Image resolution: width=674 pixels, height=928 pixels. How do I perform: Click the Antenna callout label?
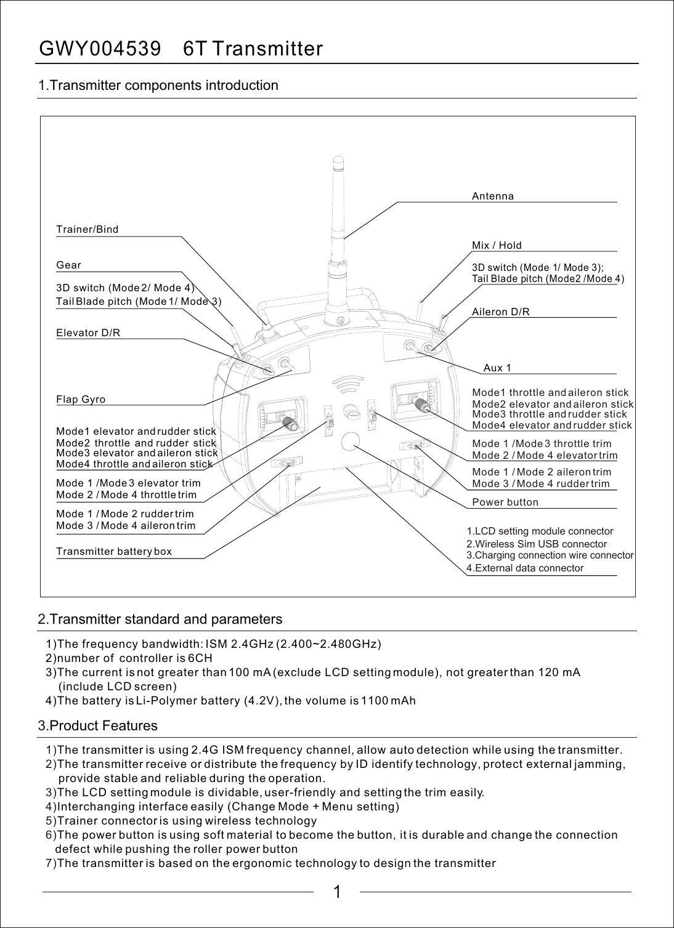pyautogui.click(x=492, y=196)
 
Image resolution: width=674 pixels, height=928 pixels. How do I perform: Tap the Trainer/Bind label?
pyautogui.click(x=87, y=230)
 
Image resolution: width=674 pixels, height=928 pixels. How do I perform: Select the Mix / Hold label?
pyautogui.click(x=497, y=246)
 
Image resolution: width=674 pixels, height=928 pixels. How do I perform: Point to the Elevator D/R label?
pyautogui.click(x=88, y=333)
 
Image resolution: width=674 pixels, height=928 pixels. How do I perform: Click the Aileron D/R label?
pyautogui.click(x=501, y=312)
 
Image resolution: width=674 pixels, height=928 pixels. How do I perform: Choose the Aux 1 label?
pyautogui.click(x=497, y=368)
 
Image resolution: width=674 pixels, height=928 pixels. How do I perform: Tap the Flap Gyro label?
pyautogui.click(x=81, y=400)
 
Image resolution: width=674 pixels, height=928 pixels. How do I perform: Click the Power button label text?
pyautogui.click(x=505, y=502)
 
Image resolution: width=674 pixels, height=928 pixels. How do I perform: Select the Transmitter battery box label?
pyautogui.click(x=114, y=552)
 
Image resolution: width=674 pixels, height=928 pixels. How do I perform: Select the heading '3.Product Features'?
pyautogui.click(x=98, y=726)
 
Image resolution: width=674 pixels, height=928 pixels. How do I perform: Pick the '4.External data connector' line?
pyautogui.click(x=525, y=568)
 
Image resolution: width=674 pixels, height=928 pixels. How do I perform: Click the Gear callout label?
pyautogui.click(x=69, y=265)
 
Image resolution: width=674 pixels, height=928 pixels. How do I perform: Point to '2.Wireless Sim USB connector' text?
pyautogui.click(x=537, y=544)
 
